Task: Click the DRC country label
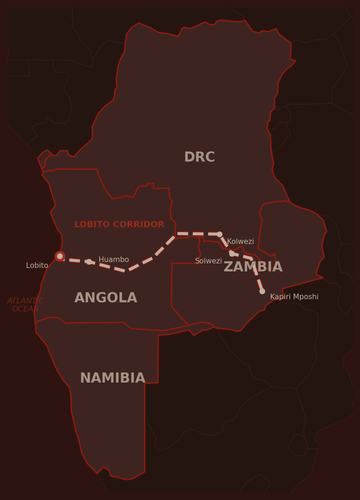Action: click(x=199, y=157)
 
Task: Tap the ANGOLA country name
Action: click(x=106, y=298)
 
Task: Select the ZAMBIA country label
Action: click(x=253, y=267)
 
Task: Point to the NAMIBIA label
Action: click(x=112, y=378)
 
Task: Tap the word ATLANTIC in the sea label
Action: click(x=25, y=301)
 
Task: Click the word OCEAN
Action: click(x=25, y=309)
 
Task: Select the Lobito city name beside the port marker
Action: click(x=37, y=265)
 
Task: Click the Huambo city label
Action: click(x=114, y=260)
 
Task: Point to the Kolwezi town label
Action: click(x=240, y=241)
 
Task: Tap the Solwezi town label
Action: click(x=208, y=261)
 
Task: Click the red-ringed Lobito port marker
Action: click(x=60, y=256)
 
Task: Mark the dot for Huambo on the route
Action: click(x=89, y=262)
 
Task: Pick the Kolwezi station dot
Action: click(x=219, y=234)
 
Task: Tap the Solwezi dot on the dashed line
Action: click(x=232, y=254)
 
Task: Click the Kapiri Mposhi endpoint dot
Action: click(x=262, y=291)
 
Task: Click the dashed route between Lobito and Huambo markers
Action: click(x=74, y=260)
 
